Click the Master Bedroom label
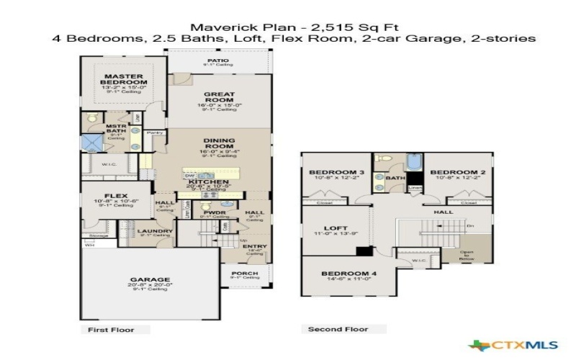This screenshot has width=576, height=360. coord(125,79)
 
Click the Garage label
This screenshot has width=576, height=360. coord(150,279)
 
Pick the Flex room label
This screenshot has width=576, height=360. coord(116,195)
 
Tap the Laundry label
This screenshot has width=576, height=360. coord(155,231)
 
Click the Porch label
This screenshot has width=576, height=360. coord(244,273)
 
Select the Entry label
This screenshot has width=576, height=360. coord(254,246)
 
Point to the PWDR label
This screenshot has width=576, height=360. coord(211,212)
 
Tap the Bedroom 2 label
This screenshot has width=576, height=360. coord(453,173)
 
